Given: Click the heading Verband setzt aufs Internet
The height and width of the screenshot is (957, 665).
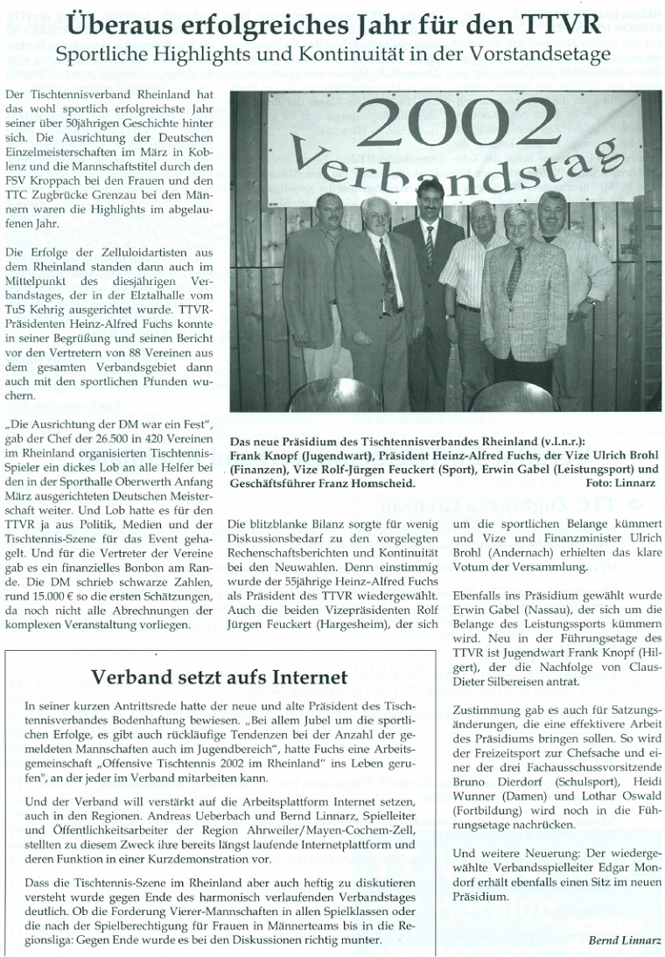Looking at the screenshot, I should [208, 676].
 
